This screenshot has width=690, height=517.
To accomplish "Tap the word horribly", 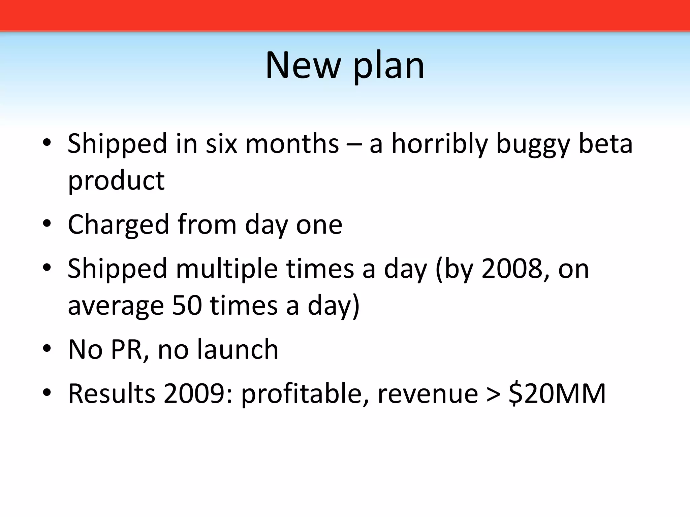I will click(439, 144).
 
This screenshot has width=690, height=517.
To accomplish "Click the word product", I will click(116, 181).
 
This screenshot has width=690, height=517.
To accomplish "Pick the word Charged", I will click(118, 225).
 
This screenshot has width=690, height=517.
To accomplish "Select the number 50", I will click(187, 306).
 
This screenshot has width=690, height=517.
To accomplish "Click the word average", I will click(116, 306).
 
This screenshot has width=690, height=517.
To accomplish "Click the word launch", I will click(238, 349).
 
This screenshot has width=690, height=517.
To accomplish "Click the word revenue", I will click(428, 394).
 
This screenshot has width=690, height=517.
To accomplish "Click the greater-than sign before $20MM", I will click(494, 394).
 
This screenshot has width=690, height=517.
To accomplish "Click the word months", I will click(292, 144).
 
